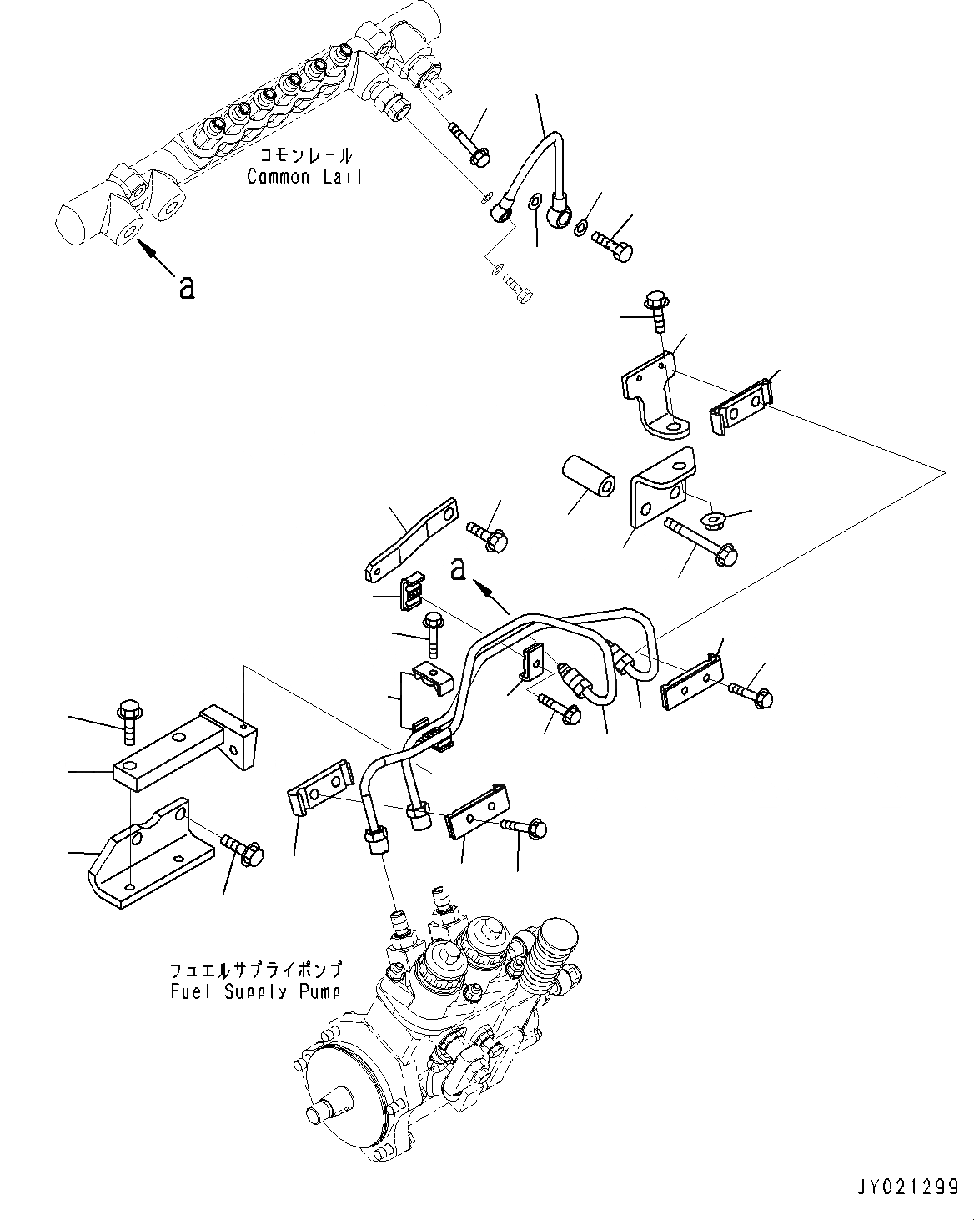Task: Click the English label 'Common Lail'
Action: point(304,177)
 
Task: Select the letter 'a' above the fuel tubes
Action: point(457,569)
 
